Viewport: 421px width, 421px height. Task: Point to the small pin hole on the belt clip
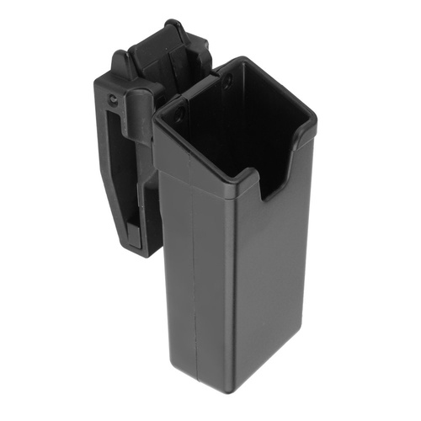(113, 101)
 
